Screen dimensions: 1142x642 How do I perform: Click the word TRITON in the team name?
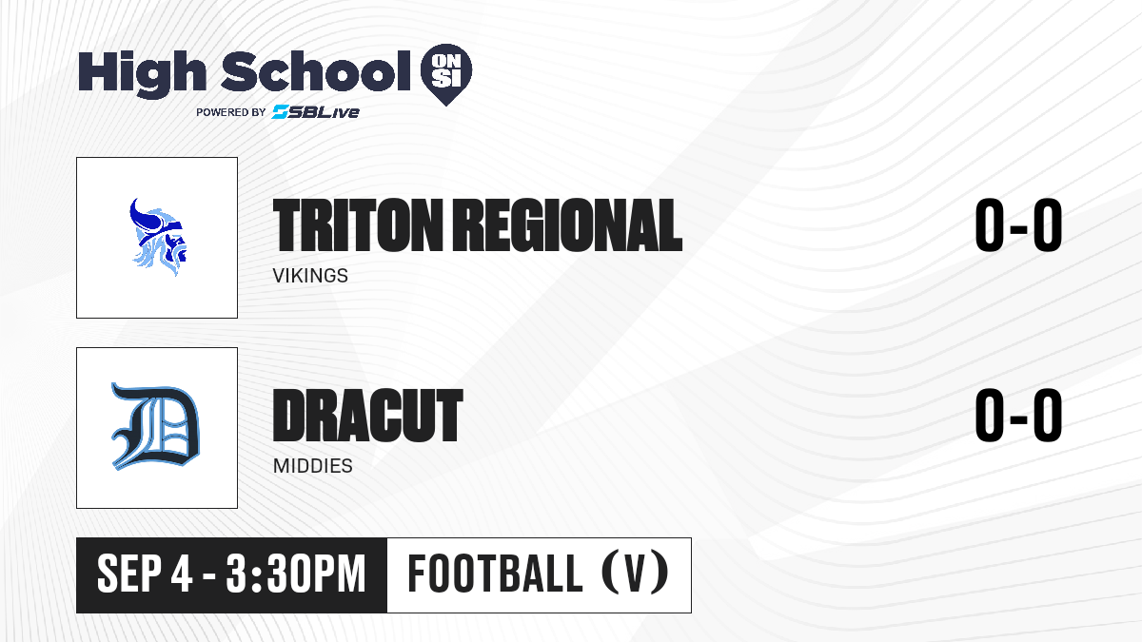(x=358, y=225)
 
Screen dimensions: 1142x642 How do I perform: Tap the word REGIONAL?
(x=567, y=225)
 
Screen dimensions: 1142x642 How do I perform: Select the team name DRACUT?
(x=367, y=415)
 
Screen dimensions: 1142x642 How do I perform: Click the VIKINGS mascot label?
(x=310, y=276)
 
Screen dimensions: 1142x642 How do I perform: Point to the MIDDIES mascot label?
(x=312, y=466)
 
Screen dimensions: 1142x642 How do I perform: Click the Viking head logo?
(x=158, y=237)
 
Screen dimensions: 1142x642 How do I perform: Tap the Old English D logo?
(x=155, y=426)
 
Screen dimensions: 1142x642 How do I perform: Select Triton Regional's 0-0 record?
(x=1018, y=225)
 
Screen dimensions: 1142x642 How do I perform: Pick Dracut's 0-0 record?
(x=1018, y=415)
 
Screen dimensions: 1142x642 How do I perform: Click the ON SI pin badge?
(x=446, y=74)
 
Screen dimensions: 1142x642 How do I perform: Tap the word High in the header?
(x=142, y=73)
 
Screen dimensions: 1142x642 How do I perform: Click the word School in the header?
(x=316, y=70)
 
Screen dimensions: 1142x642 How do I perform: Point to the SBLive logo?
(x=316, y=112)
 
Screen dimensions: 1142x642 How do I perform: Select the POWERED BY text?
(x=231, y=112)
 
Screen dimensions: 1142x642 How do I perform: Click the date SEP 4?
(x=145, y=574)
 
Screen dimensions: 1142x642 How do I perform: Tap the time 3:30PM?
(x=296, y=574)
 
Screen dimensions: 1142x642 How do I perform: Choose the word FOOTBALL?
(x=495, y=574)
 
